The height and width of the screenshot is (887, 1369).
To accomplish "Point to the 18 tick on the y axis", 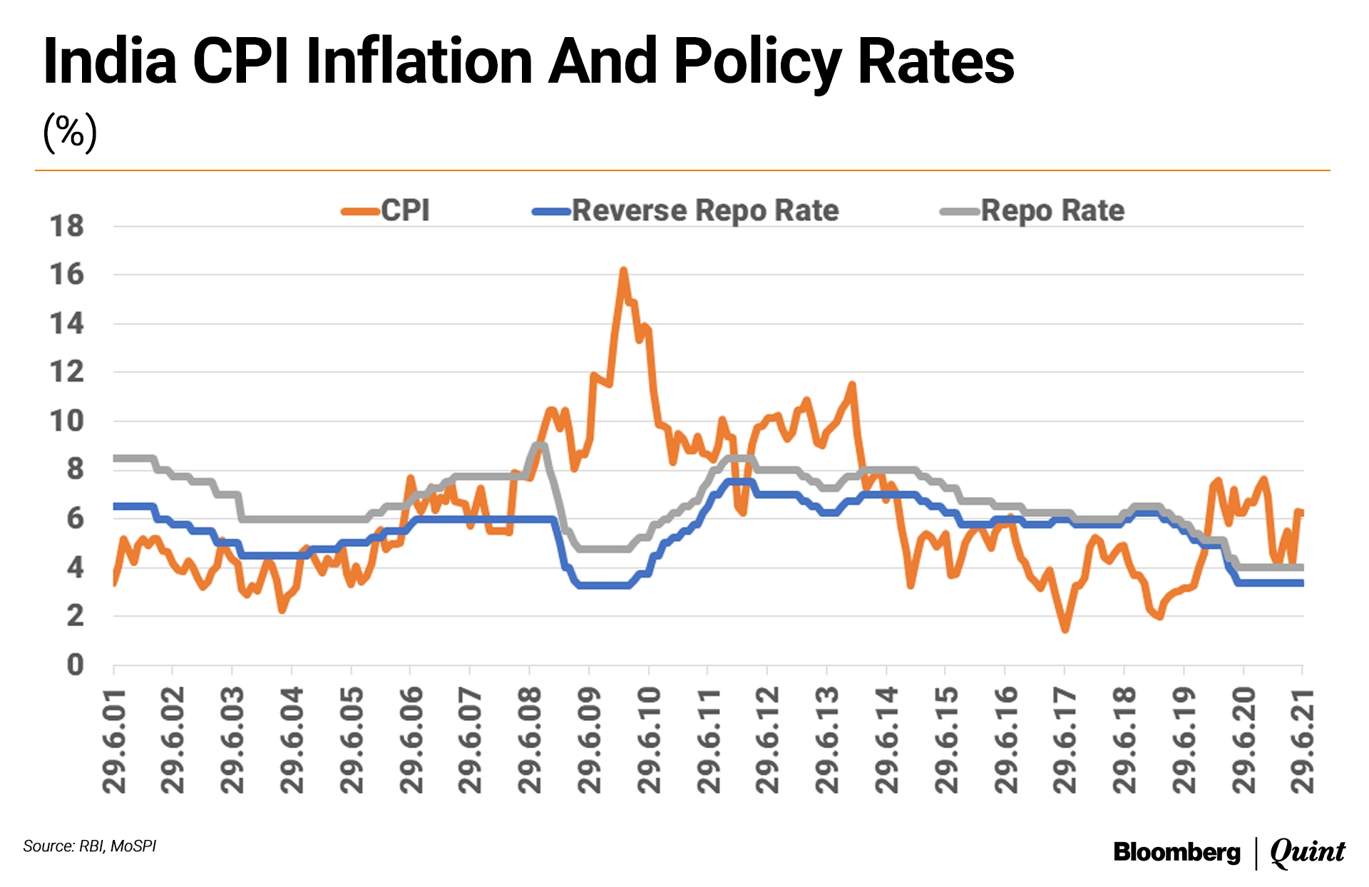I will coord(67,227).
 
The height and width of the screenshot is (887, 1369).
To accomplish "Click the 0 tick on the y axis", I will coord(75,665).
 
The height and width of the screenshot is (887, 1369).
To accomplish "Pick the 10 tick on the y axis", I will coord(67,421).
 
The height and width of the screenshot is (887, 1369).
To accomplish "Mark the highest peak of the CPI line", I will coord(623,270).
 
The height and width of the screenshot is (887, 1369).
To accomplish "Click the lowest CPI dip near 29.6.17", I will coord(1065,630).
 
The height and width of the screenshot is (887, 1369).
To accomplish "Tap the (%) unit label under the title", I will coord(70,133).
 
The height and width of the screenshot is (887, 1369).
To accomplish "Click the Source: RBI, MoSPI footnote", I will coord(90,846).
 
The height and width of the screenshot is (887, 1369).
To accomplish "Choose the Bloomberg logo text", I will coord(1176,852).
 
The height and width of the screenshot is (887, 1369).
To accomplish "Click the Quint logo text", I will coord(1308,852).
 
